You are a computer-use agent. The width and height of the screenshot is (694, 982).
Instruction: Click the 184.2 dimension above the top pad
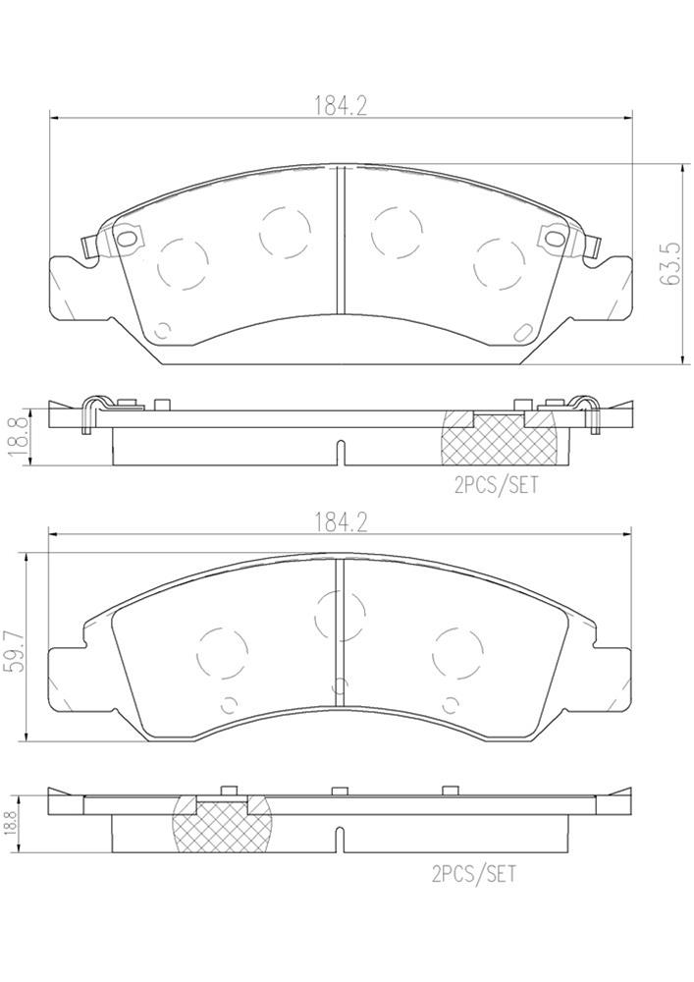(x=340, y=107)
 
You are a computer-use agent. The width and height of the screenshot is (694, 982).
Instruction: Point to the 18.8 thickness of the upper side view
(x=13, y=433)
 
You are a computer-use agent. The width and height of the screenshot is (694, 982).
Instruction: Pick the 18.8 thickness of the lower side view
(x=13, y=821)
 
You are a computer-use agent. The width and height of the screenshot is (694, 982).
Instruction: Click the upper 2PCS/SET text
(x=495, y=485)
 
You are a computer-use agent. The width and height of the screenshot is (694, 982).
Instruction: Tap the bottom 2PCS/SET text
(x=472, y=871)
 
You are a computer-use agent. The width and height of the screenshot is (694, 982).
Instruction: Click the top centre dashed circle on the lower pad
(x=339, y=613)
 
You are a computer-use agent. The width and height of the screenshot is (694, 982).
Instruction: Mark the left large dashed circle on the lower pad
(x=224, y=650)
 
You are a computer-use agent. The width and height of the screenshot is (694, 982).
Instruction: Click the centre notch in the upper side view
(x=339, y=452)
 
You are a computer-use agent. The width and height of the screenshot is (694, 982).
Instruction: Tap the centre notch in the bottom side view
(x=339, y=840)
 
